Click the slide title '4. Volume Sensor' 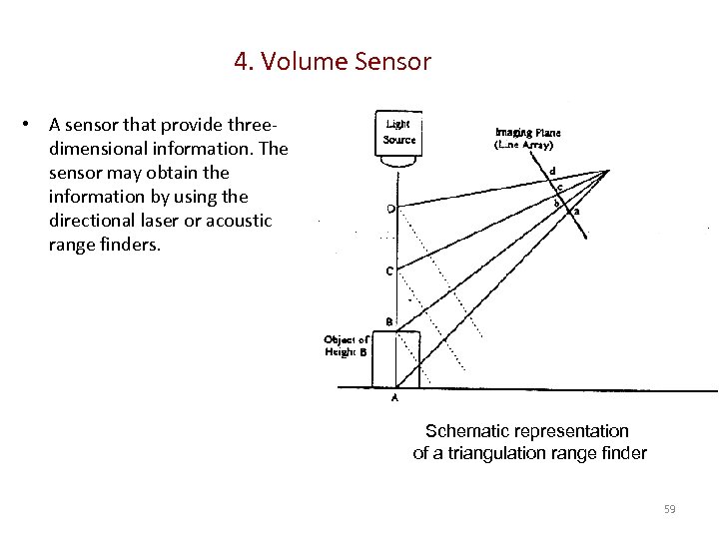tap(333, 62)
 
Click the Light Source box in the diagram tap(399, 132)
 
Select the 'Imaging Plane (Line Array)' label tap(527, 138)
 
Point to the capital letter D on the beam tap(389, 209)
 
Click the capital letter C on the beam tap(389, 270)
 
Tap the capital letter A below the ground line tap(394, 397)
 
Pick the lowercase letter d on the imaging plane tap(552, 171)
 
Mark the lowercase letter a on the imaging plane tap(577, 211)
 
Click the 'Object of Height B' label tap(347, 346)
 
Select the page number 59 tap(669, 510)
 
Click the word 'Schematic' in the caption tap(468, 431)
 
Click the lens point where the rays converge tap(607, 172)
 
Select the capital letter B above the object tap(389, 321)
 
